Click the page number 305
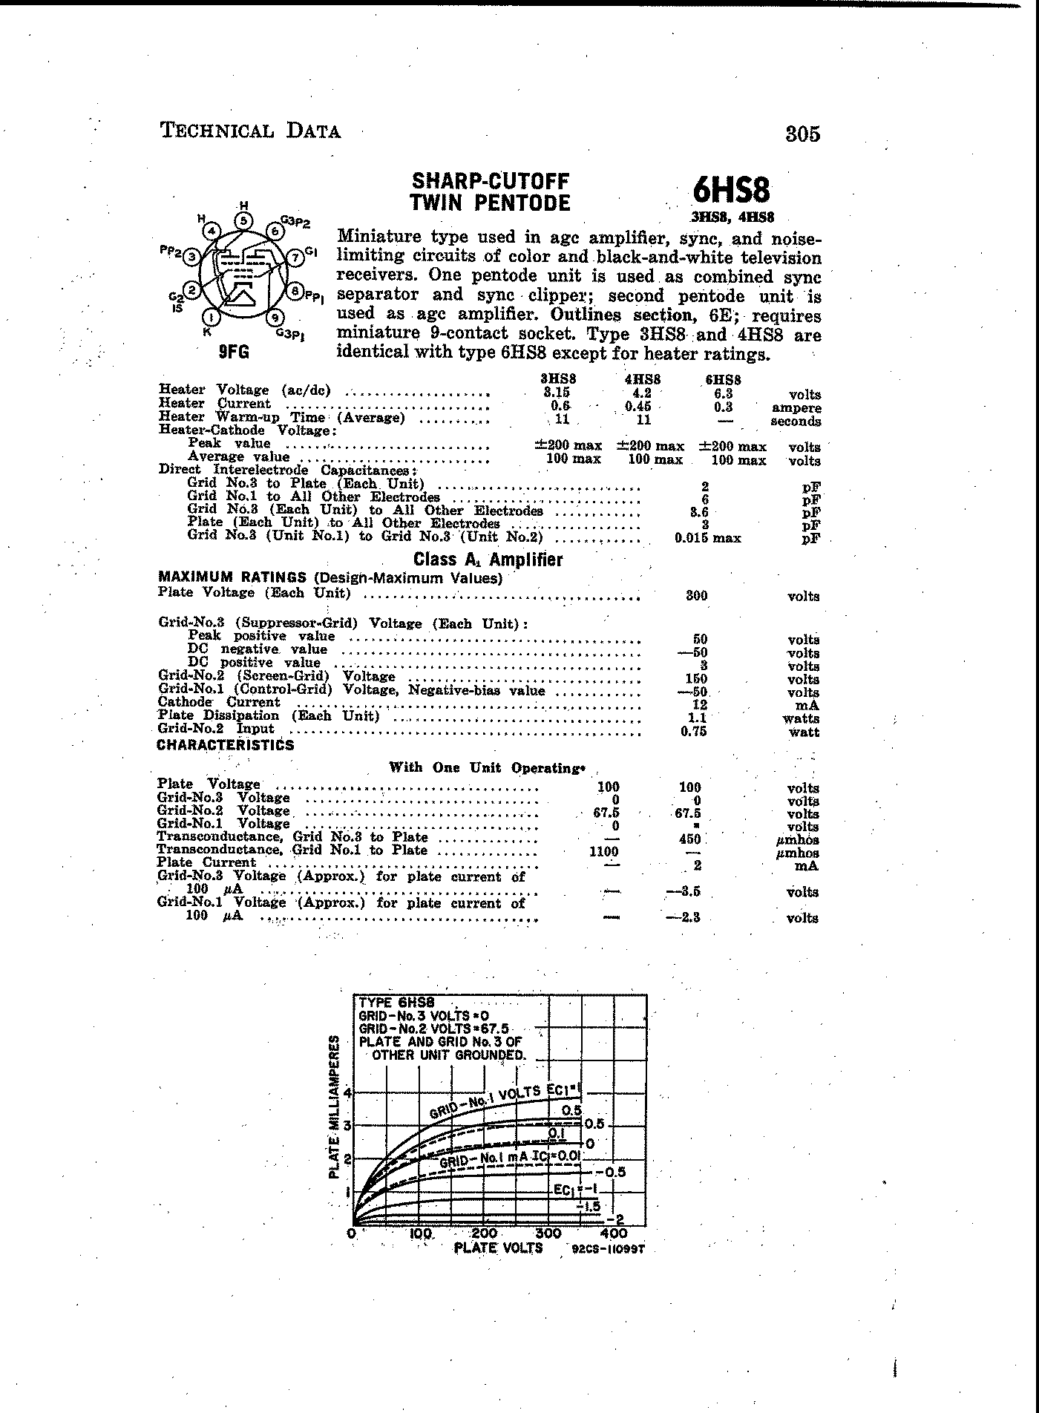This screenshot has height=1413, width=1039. pyautogui.click(x=802, y=134)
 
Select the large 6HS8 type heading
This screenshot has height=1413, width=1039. pyautogui.click(x=731, y=191)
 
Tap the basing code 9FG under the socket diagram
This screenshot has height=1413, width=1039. pyautogui.click(x=233, y=353)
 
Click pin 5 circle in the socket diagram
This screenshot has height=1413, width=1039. pyautogui.click(x=243, y=220)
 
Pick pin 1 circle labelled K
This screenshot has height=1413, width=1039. pyautogui.click(x=212, y=318)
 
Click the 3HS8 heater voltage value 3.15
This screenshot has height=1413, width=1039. pyautogui.click(x=557, y=393)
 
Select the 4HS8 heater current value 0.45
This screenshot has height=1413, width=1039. pyautogui.click(x=643, y=406)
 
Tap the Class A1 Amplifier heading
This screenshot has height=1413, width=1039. pyautogui.click(x=488, y=560)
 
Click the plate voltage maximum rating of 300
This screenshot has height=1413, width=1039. pyautogui.click(x=696, y=595)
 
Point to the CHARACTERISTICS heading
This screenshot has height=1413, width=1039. pyautogui.click(x=226, y=745)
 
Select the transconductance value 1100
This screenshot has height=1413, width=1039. pyautogui.click(x=604, y=852)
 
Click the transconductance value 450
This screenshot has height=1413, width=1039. pyautogui.click(x=689, y=839)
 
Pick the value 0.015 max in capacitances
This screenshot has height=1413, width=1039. pyautogui.click(x=707, y=538)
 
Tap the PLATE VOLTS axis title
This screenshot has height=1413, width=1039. pyautogui.click(x=498, y=1248)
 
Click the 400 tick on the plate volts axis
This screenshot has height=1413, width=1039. pyautogui.click(x=614, y=1233)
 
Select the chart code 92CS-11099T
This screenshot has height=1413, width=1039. pyautogui.click(x=608, y=1249)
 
